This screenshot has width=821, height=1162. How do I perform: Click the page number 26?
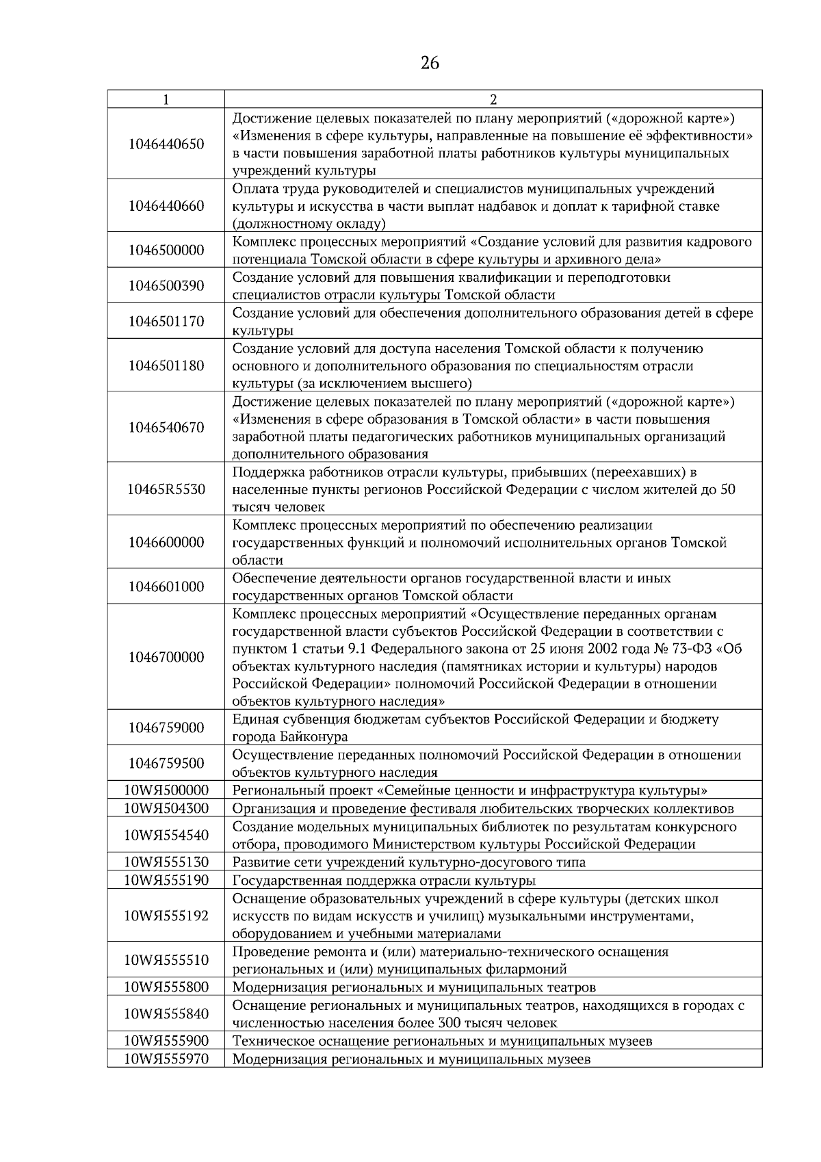click(x=430, y=64)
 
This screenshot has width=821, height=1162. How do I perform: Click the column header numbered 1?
click(x=166, y=99)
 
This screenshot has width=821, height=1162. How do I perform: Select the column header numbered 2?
click(x=493, y=99)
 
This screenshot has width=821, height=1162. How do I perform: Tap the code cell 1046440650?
click(x=166, y=144)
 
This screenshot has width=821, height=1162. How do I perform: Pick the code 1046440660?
click(x=166, y=206)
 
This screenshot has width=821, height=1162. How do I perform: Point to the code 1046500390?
click(x=166, y=286)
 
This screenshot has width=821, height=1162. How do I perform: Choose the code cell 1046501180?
click(x=166, y=366)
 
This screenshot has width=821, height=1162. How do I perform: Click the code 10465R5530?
click(x=166, y=490)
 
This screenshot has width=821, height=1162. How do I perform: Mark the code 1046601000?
click(x=166, y=587)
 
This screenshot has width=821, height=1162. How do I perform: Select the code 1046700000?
click(x=166, y=658)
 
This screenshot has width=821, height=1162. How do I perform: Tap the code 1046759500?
click(x=166, y=764)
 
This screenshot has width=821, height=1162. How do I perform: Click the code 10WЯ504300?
click(x=166, y=809)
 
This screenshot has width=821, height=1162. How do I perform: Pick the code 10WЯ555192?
click(x=166, y=916)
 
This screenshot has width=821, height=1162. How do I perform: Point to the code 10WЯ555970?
click(x=166, y=1059)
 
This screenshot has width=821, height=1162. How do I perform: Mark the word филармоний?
click(x=525, y=970)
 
